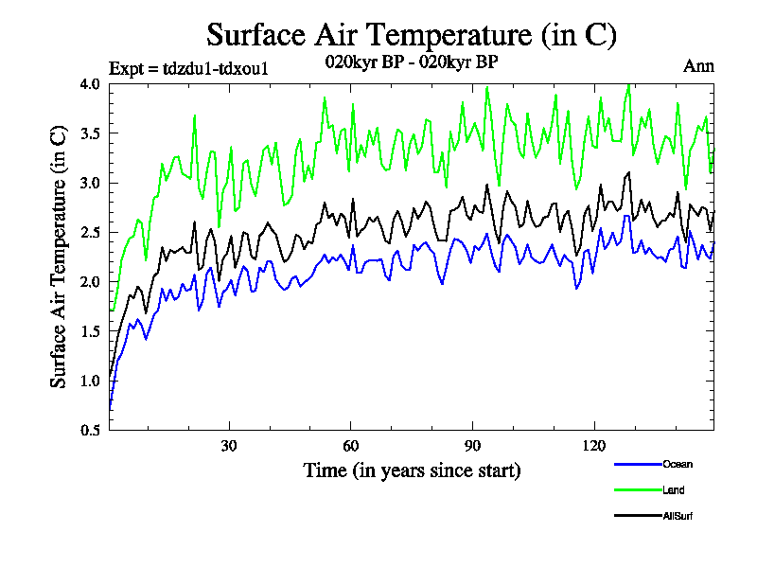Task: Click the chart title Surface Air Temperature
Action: click(x=412, y=35)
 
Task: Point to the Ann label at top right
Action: click(x=698, y=66)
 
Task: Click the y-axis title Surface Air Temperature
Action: click(x=59, y=257)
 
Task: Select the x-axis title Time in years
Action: click(x=412, y=470)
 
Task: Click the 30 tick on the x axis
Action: click(x=229, y=446)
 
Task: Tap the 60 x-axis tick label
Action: click(x=350, y=446)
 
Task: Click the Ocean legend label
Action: click(x=678, y=464)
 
